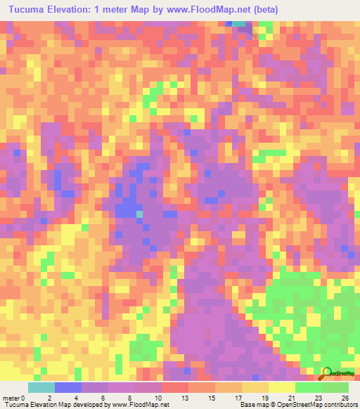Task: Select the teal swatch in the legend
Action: (41, 387)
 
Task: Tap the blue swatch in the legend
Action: (68, 387)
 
